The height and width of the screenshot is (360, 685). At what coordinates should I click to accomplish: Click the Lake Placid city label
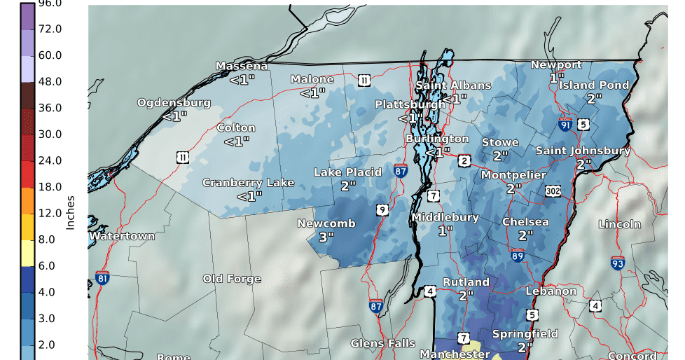pos(347,172)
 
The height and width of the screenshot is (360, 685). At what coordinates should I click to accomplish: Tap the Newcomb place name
pos(326,224)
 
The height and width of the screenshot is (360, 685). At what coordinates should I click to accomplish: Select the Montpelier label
pos(513,175)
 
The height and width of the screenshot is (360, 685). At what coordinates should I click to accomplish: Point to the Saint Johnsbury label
pos(583,151)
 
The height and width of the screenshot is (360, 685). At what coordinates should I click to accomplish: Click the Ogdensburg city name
pos(174,103)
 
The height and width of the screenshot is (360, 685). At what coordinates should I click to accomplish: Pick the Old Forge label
pos(232,279)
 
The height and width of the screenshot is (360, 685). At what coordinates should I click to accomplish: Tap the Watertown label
pos(122,236)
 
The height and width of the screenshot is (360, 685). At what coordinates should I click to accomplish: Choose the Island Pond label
pos(593,85)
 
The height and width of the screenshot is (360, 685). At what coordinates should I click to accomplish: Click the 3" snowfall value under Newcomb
pos(326,237)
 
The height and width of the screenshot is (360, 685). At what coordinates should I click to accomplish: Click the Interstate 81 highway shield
pos(102,278)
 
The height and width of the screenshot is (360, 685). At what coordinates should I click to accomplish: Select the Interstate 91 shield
pos(565,125)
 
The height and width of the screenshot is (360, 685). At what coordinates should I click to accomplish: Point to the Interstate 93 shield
pos(617,263)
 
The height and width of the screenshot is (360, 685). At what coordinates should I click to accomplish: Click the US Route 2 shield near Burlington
pos(464,161)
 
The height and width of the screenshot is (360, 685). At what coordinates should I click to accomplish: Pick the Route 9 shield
pos(382,209)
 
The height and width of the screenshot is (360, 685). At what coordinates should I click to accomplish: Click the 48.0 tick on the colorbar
pos(50,81)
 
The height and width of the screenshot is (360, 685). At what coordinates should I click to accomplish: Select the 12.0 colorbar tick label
pos(50,213)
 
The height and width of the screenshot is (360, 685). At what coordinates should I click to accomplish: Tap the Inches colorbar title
pos(70,213)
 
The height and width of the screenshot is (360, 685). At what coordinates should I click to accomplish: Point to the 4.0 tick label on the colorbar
pos(50,292)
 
